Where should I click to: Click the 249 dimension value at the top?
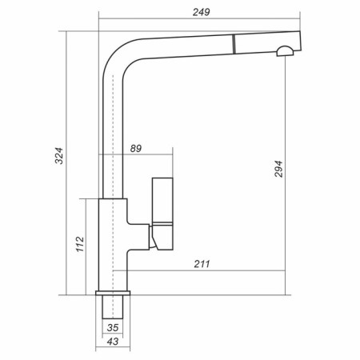click(202, 12)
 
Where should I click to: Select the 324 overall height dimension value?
click(59, 156)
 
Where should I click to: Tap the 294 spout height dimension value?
click(278, 169)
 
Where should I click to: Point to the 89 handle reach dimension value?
click(136, 149)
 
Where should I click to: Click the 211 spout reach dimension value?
click(202, 264)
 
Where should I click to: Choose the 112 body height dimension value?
click(80, 244)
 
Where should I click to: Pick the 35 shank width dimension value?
click(113, 328)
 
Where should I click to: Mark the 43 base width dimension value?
click(113, 342)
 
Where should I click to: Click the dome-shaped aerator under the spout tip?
click(285, 51)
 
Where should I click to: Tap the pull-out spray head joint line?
click(234, 44)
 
